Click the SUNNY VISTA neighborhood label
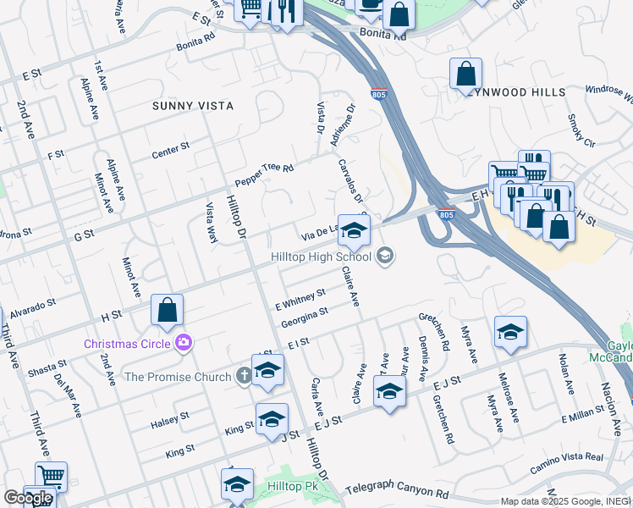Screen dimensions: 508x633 pyautogui.click(x=192, y=106)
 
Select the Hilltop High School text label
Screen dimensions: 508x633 pyautogui.click(x=321, y=256)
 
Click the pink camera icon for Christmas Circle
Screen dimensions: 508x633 pyautogui.click(x=182, y=343)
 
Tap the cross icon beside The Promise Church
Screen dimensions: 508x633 pyautogui.click(x=244, y=375)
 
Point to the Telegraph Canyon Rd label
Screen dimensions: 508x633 pyautogui.click(x=395, y=492)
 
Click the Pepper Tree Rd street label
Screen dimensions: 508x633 pyautogui.click(x=264, y=174)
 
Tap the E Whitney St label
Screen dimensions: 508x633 pyautogui.click(x=300, y=297)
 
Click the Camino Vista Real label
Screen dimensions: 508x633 pyautogui.click(x=566, y=461)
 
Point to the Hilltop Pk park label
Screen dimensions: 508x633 pyautogui.click(x=294, y=488)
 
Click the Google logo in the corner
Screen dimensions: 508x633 pyautogui.click(x=28, y=498)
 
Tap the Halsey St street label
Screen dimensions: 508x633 pyautogui.click(x=169, y=420)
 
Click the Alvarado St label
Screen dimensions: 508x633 pyautogui.click(x=34, y=305)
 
